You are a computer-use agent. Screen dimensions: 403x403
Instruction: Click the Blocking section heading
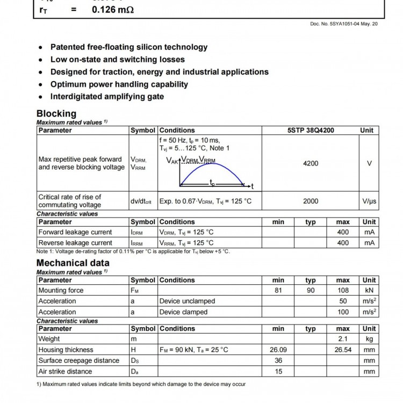click(x=56, y=113)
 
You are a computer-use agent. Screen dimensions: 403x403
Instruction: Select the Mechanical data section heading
click(x=73, y=263)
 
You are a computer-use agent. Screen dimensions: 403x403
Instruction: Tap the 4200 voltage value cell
click(x=311, y=163)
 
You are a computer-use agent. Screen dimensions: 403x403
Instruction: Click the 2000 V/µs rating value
click(x=311, y=201)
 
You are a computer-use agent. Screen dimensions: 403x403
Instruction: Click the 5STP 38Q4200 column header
click(x=311, y=130)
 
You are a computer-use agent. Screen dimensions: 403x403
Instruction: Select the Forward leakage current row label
click(x=75, y=232)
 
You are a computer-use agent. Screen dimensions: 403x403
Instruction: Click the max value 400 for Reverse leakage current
click(x=343, y=243)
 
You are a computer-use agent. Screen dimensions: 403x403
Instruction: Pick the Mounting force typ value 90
click(x=311, y=290)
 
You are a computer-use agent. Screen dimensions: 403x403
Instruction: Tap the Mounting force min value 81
click(x=278, y=290)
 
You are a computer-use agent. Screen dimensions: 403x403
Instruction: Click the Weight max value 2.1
click(x=343, y=339)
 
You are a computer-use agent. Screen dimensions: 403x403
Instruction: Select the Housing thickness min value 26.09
click(x=278, y=350)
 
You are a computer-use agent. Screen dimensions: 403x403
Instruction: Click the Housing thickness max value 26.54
click(x=343, y=350)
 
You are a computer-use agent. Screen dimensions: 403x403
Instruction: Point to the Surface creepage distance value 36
click(x=278, y=361)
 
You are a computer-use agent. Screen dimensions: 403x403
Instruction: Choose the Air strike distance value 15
click(x=278, y=371)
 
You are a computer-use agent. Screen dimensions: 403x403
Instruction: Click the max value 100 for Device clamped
click(x=343, y=312)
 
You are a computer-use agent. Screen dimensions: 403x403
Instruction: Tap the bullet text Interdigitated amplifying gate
click(x=107, y=97)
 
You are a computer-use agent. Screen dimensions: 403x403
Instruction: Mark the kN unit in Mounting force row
click(x=369, y=290)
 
